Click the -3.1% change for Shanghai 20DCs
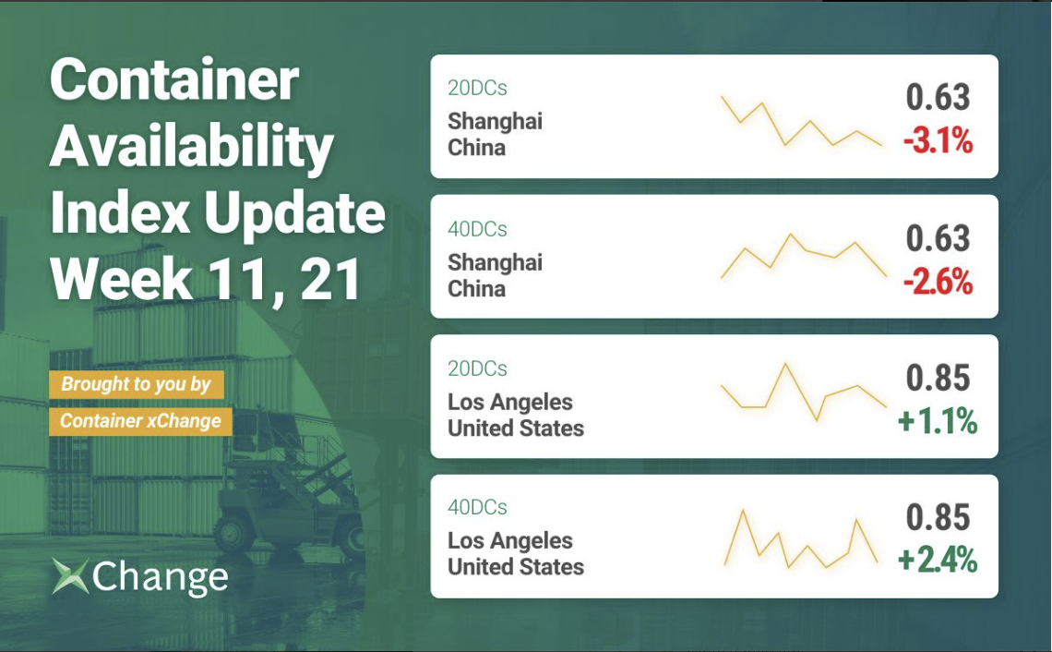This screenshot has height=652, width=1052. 938,141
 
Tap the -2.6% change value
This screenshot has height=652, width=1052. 938,282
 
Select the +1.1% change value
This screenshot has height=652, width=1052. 938,422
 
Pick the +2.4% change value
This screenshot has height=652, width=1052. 938,561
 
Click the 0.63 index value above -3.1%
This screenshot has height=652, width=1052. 938,97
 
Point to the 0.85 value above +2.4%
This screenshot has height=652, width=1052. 938,518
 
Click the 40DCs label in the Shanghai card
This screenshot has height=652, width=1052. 477,229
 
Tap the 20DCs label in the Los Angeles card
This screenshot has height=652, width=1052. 477,368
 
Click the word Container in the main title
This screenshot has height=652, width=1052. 174,80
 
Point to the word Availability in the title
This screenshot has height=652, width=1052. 192,148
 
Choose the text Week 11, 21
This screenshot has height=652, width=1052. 206,279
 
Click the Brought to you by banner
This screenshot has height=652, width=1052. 137,384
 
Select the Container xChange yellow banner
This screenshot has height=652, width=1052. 140,421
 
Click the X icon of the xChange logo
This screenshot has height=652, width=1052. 70,576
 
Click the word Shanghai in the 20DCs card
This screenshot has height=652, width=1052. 496,122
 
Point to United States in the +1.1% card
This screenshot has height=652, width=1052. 516,429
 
